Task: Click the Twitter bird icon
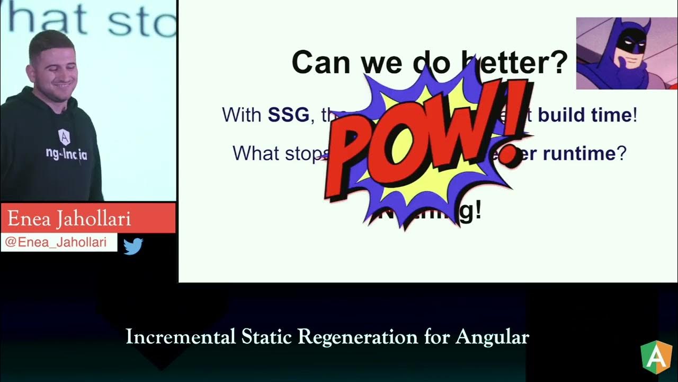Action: point(133,246)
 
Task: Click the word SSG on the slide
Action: point(288,115)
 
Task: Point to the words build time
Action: point(585,115)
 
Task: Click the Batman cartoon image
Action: point(626,53)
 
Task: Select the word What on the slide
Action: point(257,153)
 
